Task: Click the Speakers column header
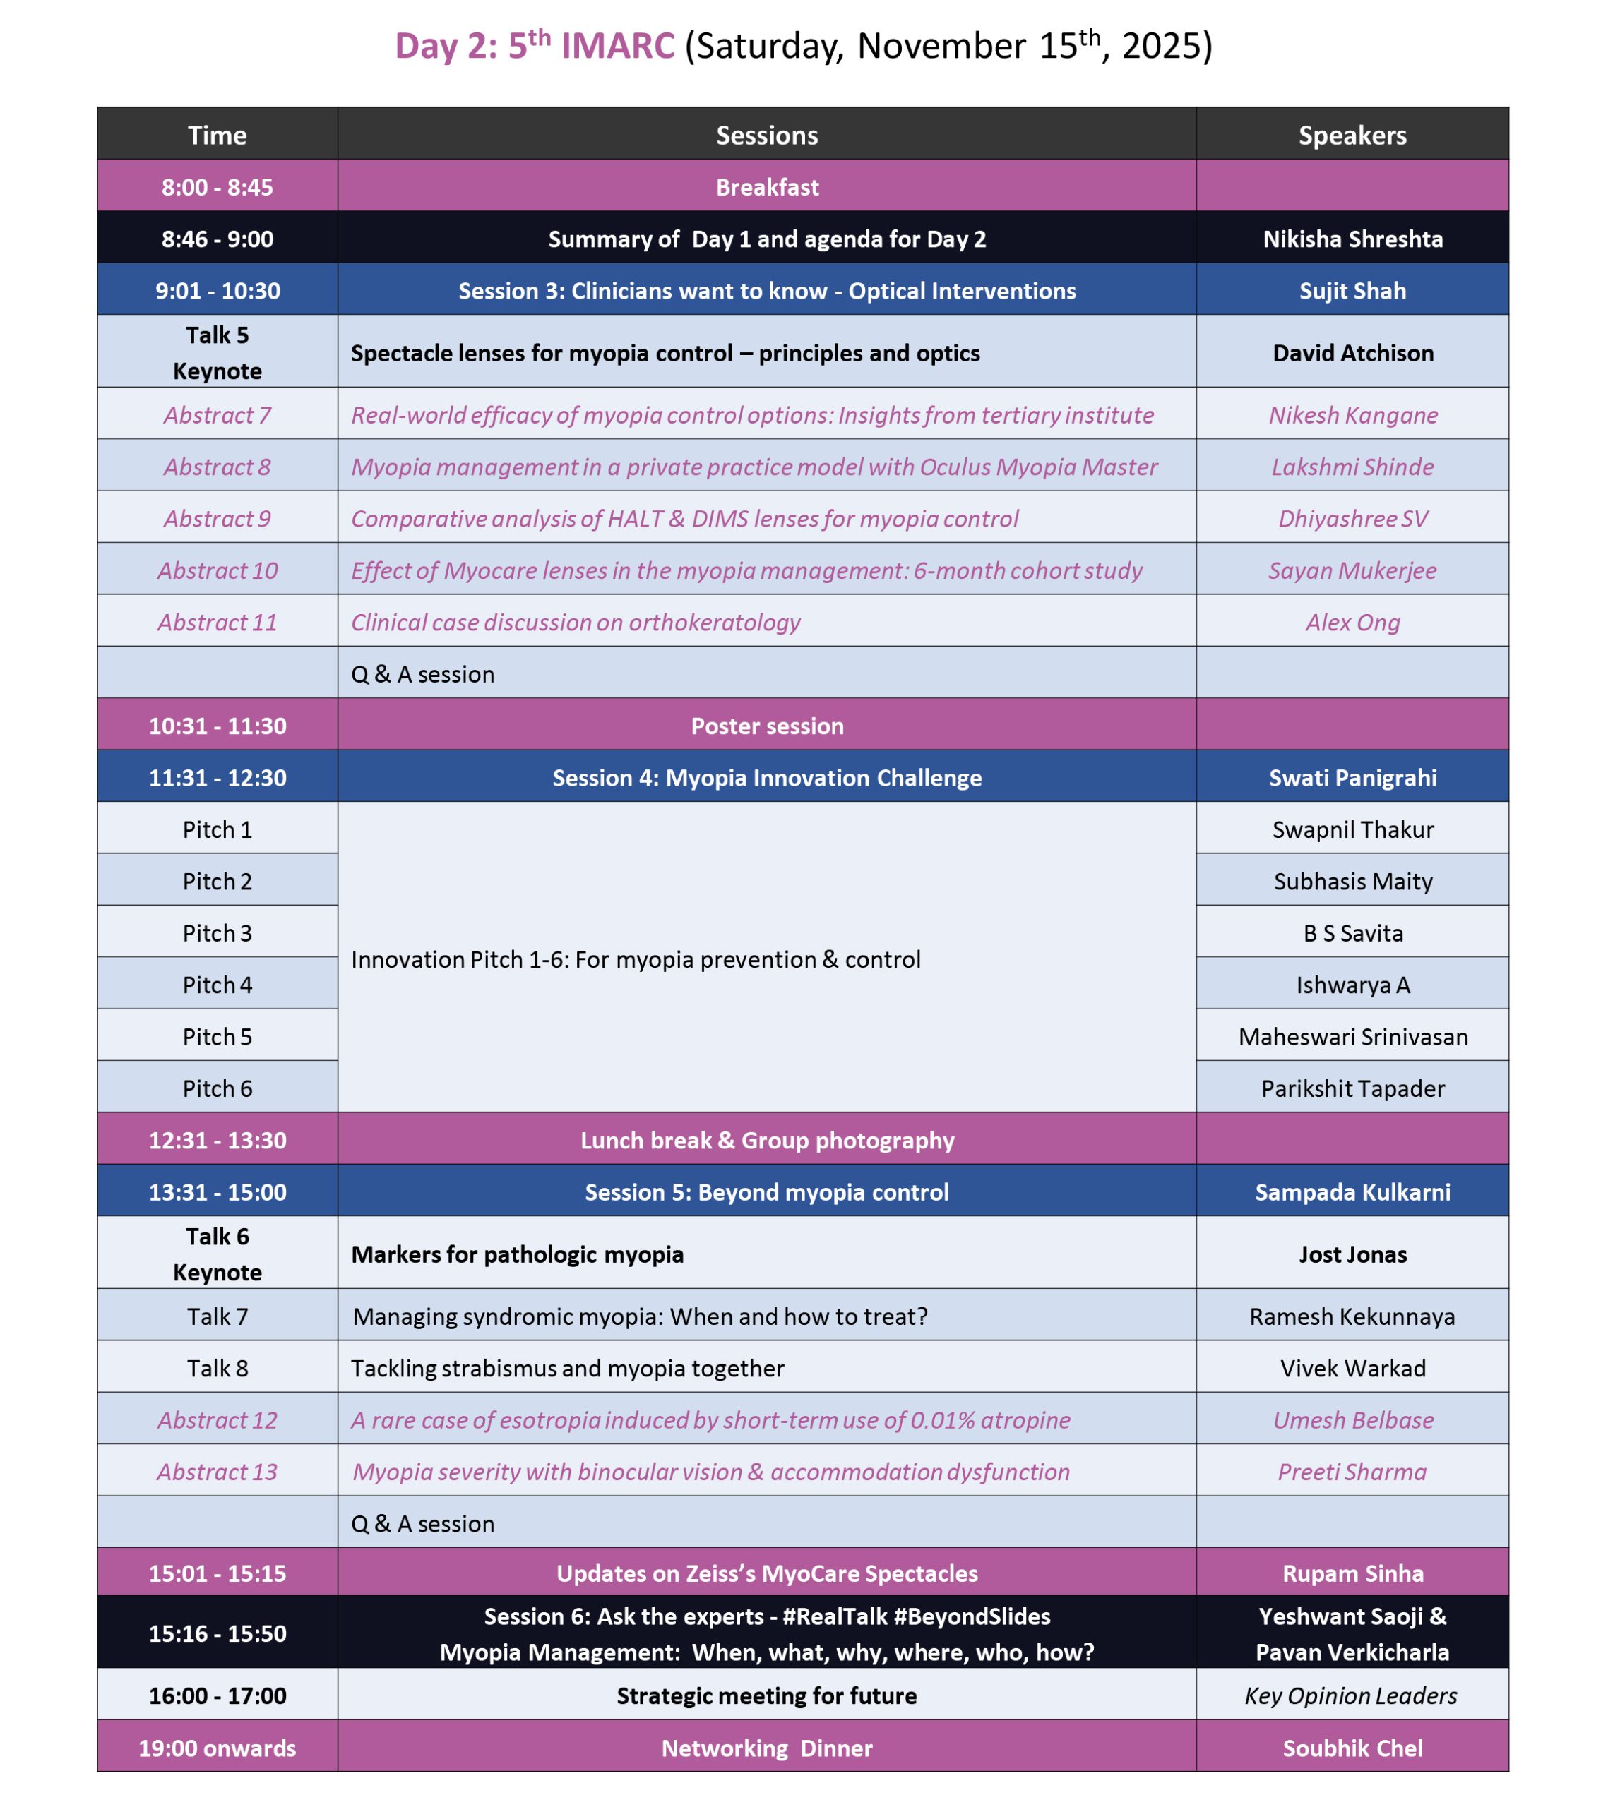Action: click(x=1352, y=136)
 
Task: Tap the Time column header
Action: click(x=217, y=136)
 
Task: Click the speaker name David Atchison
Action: click(x=1352, y=353)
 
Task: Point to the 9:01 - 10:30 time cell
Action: click(x=217, y=291)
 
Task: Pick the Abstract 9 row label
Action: click(x=217, y=519)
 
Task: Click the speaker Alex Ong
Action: click(x=1352, y=623)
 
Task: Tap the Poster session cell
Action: click(x=767, y=726)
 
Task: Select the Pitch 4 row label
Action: click(x=217, y=985)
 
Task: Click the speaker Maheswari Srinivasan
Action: click(x=1352, y=1037)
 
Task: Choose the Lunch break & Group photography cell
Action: click(x=767, y=1141)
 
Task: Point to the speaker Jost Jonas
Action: click(x=1352, y=1254)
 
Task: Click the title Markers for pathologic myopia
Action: click(x=518, y=1254)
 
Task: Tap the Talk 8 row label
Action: click(x=217, y=1369)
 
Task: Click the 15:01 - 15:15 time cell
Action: click(x=217, y=1573)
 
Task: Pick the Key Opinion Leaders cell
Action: click(x=1351, y=1695)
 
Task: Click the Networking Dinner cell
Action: click(x=767, y=1748)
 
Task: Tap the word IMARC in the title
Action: click(x=617, y=46)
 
